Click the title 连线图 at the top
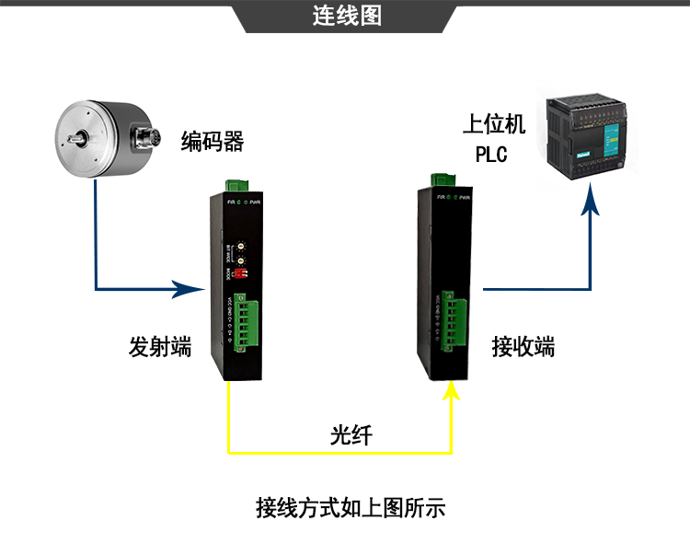(346, 17)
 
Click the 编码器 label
(212, 142)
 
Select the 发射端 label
(160, 348)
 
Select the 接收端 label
(523, 347)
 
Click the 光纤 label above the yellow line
(351, 434)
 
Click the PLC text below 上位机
(491, 154)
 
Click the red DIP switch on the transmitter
(241, 272)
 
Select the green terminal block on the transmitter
(243, 323)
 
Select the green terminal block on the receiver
(449, 321)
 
